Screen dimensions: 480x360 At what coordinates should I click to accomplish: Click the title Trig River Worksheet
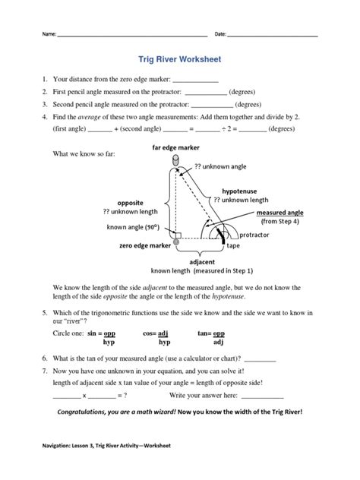[179, 57]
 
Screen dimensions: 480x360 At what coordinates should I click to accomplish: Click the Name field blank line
[134, 36]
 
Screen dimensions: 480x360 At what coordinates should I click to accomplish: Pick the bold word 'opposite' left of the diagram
[129, 203]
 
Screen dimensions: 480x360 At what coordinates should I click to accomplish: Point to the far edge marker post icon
[177, 160]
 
